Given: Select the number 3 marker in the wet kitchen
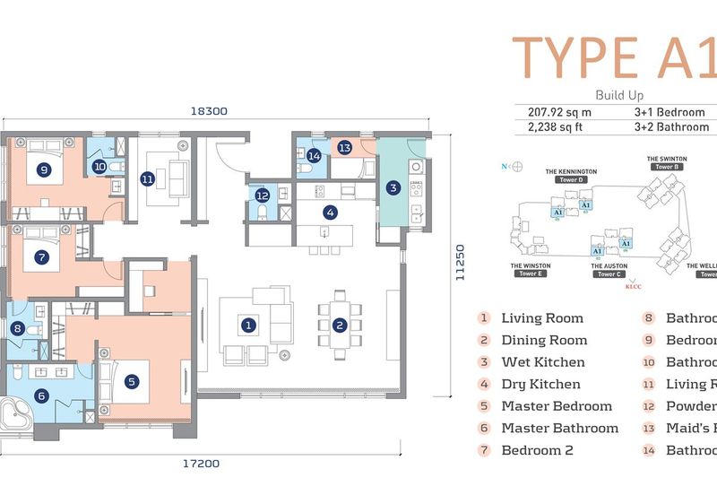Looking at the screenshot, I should [x=393, y=187].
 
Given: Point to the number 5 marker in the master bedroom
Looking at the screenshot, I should [x=132, y=381].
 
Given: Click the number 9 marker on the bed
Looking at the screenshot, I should [x=43, y=168].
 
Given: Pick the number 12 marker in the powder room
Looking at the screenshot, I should [x=262, y=195].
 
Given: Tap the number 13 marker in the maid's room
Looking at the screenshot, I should [x=344, y=147].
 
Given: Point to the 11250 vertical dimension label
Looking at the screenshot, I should [x=461, y=265].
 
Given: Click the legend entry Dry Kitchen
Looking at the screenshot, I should [x=542, y=384].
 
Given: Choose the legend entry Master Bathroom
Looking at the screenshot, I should [x=559, y=428].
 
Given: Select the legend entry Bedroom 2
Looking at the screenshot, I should [x=537, y=450].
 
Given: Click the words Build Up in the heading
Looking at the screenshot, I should [x=618, y=95].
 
